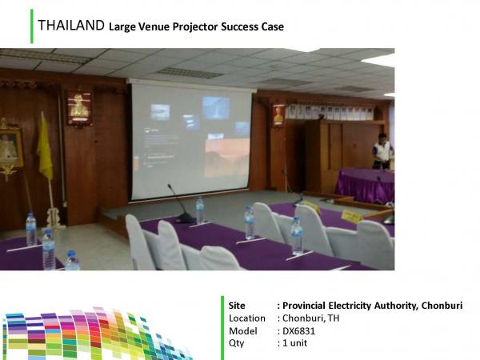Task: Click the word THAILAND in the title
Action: (x=71, y=26)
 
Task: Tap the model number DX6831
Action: (x=298, y=331)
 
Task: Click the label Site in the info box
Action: (x=237, y=306)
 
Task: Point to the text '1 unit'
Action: (x=294, y=343)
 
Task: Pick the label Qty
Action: (x=236, y=343)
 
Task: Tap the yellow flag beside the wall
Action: (x=46, y=147)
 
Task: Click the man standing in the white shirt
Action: (x=382, y=151)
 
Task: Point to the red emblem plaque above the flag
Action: (x=79, y=108)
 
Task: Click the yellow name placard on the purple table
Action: (x=352, y=217)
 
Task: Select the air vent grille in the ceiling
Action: (x=190, y=73)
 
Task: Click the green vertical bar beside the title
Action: (x=32, y=26)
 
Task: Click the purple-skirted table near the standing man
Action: (x=365, y=185)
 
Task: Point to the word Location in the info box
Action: (x=247, y=318)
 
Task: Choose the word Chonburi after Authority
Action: (x=442, y=306)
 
